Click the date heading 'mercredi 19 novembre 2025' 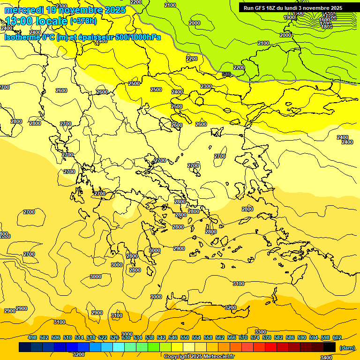(x=65, y=10)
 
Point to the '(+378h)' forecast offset (x=83, y=21)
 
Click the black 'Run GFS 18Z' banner (x=292, y=7)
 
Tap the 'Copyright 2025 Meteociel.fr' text (x=199, y=356)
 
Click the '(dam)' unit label (x=347, y=348)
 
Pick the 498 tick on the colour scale (x=32, y=337)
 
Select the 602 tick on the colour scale (x=337, y=337)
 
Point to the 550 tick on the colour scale (x=185, y=337)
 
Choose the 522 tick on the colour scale (x=103, y=337)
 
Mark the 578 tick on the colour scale (x=267, y=337)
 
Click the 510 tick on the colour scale (x=67, y=337)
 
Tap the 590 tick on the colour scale (x=302, y=337)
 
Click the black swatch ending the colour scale (x=330, y=347)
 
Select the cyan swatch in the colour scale (x=119, y=347)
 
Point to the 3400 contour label (x=326, y=357)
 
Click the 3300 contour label (x=261, y=332)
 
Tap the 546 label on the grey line (x=226, y=74)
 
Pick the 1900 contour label (x=289, y=17)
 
